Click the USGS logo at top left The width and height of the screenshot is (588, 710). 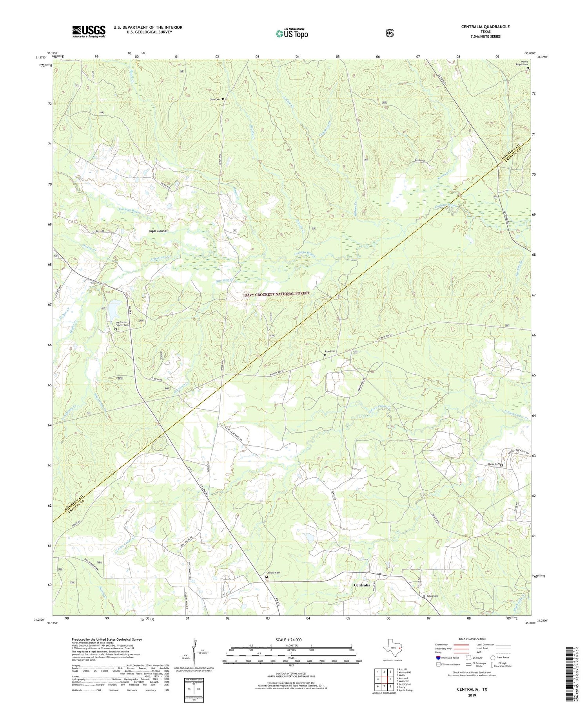[89, 31]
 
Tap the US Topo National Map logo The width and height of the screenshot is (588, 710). [292, 33]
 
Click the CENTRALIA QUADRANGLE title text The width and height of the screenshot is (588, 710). [485, 27]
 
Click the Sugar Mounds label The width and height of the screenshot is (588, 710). [158, 231]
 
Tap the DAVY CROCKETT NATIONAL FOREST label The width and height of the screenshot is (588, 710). [277, 294]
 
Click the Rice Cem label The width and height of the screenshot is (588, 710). [329, 351]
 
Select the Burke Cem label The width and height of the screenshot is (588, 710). [494, 464]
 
